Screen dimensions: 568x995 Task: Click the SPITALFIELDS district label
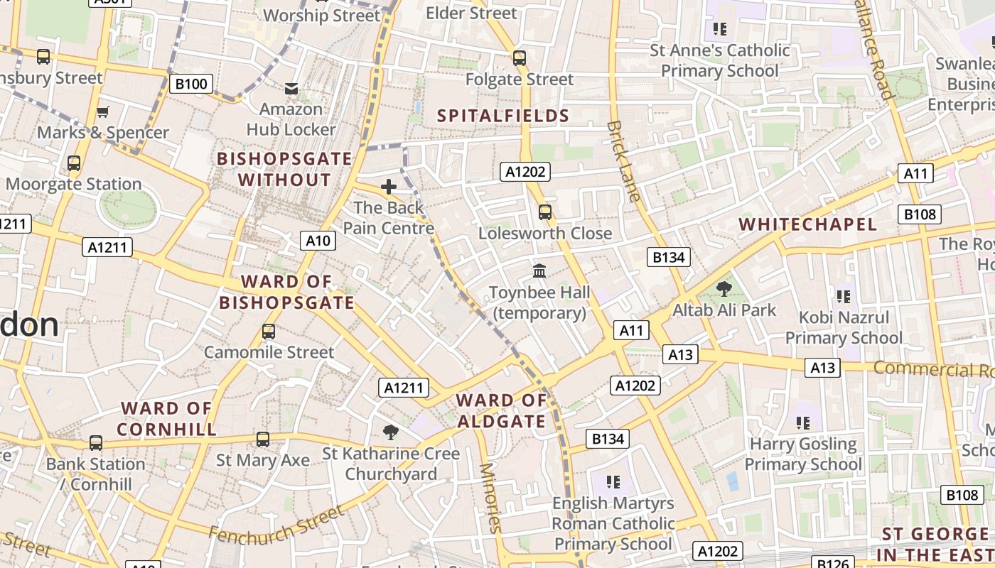tap(503, 116)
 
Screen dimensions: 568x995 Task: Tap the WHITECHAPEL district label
tap(808, 224)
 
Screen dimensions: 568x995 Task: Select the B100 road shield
tap(190, 84)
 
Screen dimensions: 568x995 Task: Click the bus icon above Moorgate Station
tap(74, 163)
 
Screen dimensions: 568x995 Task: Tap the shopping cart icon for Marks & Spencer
tap(103, 111)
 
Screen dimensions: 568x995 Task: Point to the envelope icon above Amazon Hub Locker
tap(291, 88)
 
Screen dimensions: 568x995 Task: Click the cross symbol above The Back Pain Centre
tap(389, 187)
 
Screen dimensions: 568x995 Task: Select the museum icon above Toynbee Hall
tap(539, 271)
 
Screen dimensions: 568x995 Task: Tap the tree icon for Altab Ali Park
tap(724, 288)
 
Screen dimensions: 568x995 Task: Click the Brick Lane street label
tap(624, 161)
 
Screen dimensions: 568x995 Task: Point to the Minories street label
tap(490, 497)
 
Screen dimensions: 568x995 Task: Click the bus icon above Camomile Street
tap(269, 331)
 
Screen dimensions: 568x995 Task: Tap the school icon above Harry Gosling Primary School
tap(803, 423)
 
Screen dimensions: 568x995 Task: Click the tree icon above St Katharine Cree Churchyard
tap(390, 432)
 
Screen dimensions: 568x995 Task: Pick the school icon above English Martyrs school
tap(613, 482)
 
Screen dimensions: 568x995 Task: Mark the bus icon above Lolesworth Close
tap(545, 212)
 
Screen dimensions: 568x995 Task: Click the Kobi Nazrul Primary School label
tap(844, 327)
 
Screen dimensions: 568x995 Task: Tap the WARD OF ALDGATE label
tap(501, 410)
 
